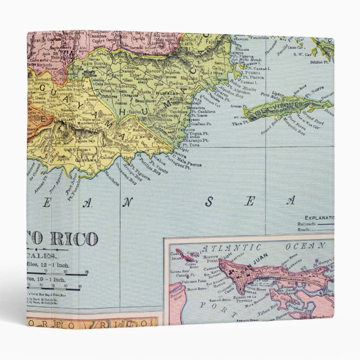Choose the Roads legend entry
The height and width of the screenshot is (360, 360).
point(314,229)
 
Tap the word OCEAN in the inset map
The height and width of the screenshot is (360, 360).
point(297,246)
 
